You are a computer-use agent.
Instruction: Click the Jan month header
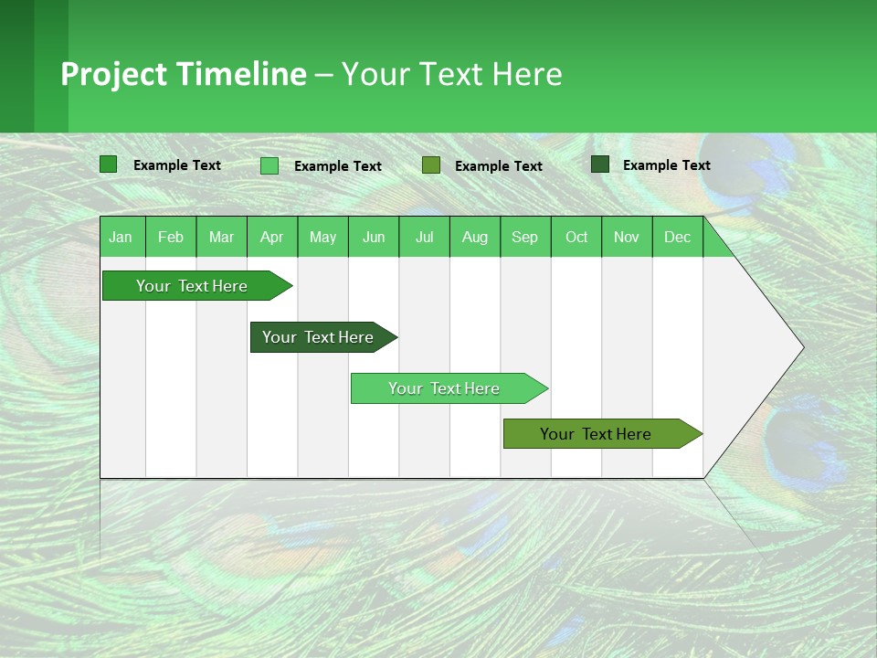pyautogui.click(x=121, y=237)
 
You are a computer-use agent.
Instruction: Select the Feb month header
pyautogui.click(x=171, y=237)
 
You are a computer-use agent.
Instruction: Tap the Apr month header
pyautogui.click(x=271, y=237)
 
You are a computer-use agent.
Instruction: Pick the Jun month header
pyautogui.click(x=374, y=237)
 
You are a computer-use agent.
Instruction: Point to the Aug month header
pyautogui.click(x=474, y=237)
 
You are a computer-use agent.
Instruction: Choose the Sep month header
pyautogui.click(x=524, y=237)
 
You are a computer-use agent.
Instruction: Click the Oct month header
pyautogui.click(x=576, y=237)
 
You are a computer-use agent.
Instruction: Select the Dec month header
pyautogui.click(x=677, y=237)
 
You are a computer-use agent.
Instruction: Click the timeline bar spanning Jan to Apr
pyautogui.click(x=193, y=286)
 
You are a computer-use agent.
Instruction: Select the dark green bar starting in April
pyautogui.click(x=319, y=337)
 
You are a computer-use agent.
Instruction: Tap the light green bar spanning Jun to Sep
pyautogui.click(x=445, y=388)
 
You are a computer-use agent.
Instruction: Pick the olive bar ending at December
pyautogui.click(x=597, y=434)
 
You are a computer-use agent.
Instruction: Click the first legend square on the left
pyautogui.click(x=108, y=164)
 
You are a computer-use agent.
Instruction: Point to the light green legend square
pyautogui.click(x=269, y=165)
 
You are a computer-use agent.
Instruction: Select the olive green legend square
pyautogui.click(x=431, y=165)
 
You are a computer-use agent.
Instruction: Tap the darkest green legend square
pyautogui.click(x=600, y=164)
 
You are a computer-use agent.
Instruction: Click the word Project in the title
pyautogui.click(x=113, y=74)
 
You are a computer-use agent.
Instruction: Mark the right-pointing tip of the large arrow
pyautogui.click(x=801, y=347)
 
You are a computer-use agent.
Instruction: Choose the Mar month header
pyautogui.click(x=221, y=237)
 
